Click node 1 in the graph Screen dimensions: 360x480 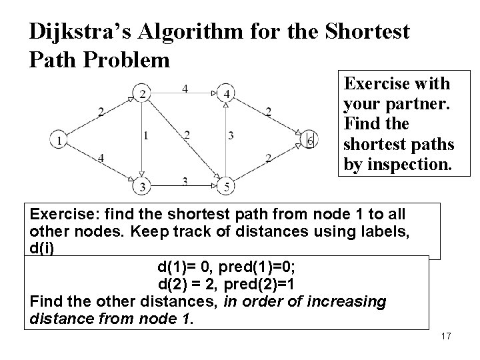[60, 140]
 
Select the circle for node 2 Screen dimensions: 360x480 [142, 94]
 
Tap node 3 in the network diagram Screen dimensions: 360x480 [142, 186]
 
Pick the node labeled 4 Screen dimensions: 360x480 [227, 94]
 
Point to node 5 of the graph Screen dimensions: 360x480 [227, 187]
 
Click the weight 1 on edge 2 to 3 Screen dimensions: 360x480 [146, 135]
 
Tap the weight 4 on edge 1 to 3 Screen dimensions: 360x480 [100, 157]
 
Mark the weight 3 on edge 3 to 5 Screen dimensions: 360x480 [185, 180]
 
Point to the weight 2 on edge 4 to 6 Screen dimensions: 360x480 [268, 112]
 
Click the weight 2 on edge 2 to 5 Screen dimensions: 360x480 [187, 135]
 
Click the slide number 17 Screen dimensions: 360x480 [446, 336]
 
